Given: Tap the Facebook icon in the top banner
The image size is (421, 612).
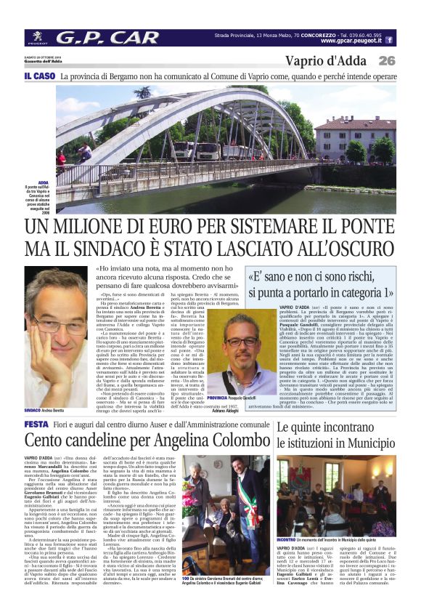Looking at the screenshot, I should coord(390,40).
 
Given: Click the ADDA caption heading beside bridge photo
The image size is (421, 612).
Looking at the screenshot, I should coord(44,183).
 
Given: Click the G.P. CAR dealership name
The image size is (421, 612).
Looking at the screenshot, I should coord(107,37).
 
